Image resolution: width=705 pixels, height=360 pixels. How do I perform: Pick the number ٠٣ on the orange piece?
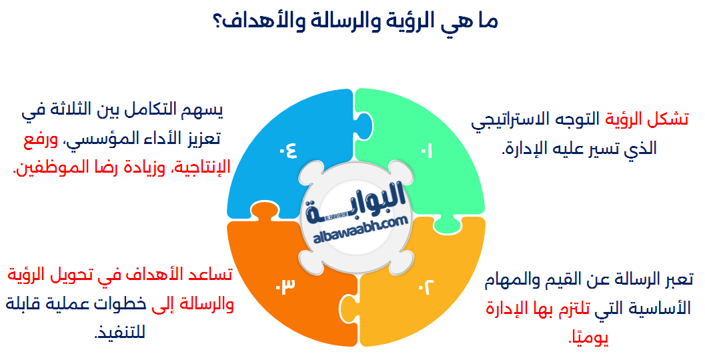click(x=285, y=287)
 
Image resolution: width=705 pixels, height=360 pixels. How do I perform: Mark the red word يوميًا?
click(x=588, y=338)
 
